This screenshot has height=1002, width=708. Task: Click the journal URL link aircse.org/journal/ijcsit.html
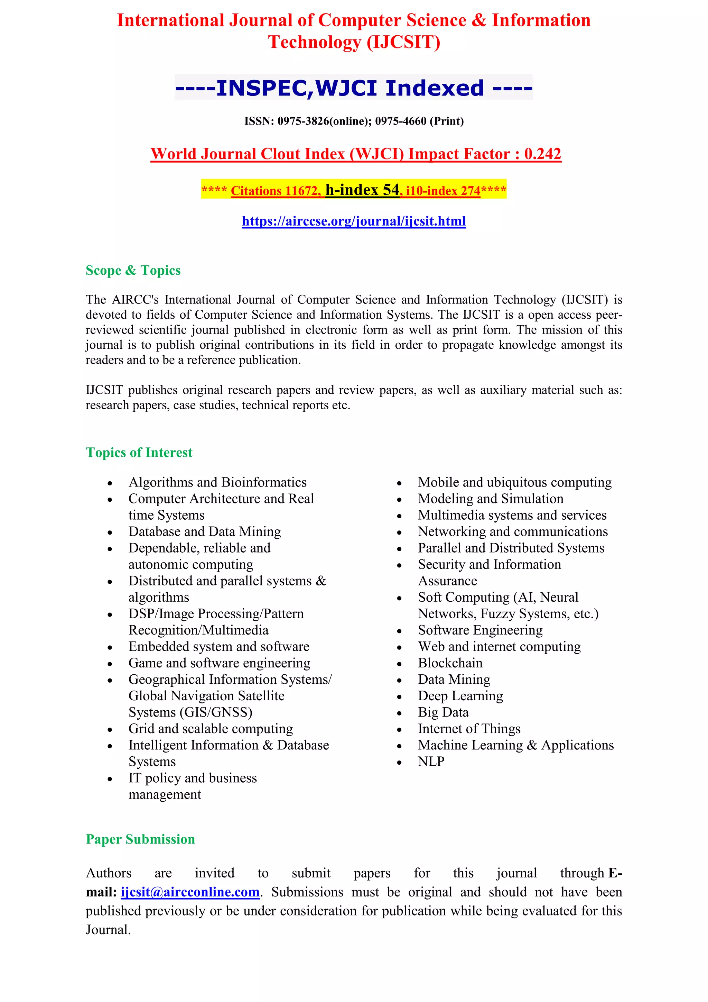(354, 221)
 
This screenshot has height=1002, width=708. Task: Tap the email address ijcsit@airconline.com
(190, 892)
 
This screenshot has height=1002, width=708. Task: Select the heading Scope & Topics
(133, 271)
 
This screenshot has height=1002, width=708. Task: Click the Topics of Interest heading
(139, 453)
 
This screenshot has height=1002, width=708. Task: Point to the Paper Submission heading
(140, 839)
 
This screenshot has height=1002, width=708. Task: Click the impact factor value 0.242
(542, 154)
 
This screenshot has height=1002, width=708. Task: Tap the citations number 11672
(303, 191)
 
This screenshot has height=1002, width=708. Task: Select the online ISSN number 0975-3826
(303, 121)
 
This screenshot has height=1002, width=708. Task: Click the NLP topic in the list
(431, 762)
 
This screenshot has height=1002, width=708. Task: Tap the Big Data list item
(443, 712)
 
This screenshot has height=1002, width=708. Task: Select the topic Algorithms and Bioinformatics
(217, 482)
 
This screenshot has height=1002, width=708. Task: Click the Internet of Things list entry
(469, 729)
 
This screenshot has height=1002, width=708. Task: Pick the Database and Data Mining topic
(204, 531)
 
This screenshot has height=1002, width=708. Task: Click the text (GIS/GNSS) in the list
(216, 712)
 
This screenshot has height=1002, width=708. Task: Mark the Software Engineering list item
(480, 630)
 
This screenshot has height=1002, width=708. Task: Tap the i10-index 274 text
(442, 191)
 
